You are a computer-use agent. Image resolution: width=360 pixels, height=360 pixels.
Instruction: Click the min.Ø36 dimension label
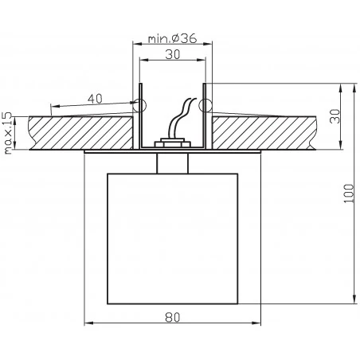[171, 37]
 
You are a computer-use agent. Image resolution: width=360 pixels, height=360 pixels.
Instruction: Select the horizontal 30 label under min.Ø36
[172, 56]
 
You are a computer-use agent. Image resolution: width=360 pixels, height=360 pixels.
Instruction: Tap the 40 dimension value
[95, 98]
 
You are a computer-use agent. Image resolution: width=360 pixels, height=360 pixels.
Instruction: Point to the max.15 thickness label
[9, 133]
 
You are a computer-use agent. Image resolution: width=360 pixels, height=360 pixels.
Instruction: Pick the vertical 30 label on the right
[335, 116]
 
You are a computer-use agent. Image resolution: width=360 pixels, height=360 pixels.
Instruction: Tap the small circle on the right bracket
[203, 104]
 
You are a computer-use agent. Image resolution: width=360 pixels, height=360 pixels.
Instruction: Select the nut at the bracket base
[172, 143]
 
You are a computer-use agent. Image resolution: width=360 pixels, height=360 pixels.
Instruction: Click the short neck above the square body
[172, 162]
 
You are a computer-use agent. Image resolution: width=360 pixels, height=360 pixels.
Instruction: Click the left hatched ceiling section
[80, 132]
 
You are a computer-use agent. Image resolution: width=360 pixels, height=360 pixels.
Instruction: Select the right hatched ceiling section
[263, 132]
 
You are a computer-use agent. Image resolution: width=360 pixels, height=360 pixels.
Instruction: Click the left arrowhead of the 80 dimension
[88, 323]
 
